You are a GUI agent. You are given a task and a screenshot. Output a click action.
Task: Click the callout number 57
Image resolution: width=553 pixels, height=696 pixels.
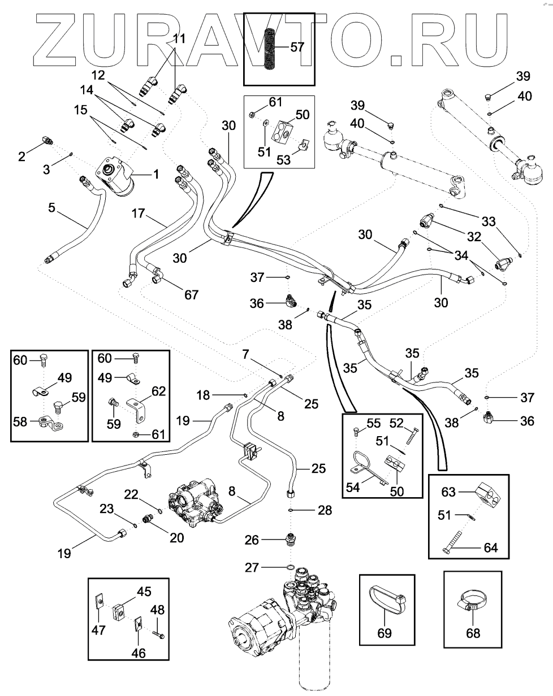pyautogui.click(x=297, y=47)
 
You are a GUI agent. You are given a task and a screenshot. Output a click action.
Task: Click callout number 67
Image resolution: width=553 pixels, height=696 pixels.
pyautogui.click(x=191, y=295)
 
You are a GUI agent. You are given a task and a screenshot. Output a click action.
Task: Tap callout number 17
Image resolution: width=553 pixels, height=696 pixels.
pyautogui.click(x=138, y=214)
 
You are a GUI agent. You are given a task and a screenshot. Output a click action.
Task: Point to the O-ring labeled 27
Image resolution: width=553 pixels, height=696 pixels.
pyautogui.click(x=291, y=567)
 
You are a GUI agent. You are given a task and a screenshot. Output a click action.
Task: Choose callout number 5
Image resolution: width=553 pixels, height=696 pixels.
pyautogui.click(x=52, y=208)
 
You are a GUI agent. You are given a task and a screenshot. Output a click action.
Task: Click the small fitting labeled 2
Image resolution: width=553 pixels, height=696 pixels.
pyautogui.click(x=48, y=140)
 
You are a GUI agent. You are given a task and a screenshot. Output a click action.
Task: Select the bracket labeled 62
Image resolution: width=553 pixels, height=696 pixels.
pyautogui.click(x=137, y=410)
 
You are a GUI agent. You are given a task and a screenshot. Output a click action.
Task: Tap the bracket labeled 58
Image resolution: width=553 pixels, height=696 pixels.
pyautogui.click(x=51, y=423)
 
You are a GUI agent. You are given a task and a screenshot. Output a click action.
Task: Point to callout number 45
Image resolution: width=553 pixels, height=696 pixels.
pyautogui.click(x=144, y=591)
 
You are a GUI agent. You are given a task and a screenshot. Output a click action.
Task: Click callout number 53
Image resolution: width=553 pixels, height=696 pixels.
pyautogui.click(x=283, y=160)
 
